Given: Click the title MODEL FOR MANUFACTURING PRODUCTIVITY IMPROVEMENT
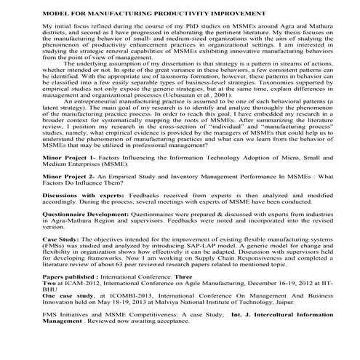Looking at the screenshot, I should click(x=148, y=14).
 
